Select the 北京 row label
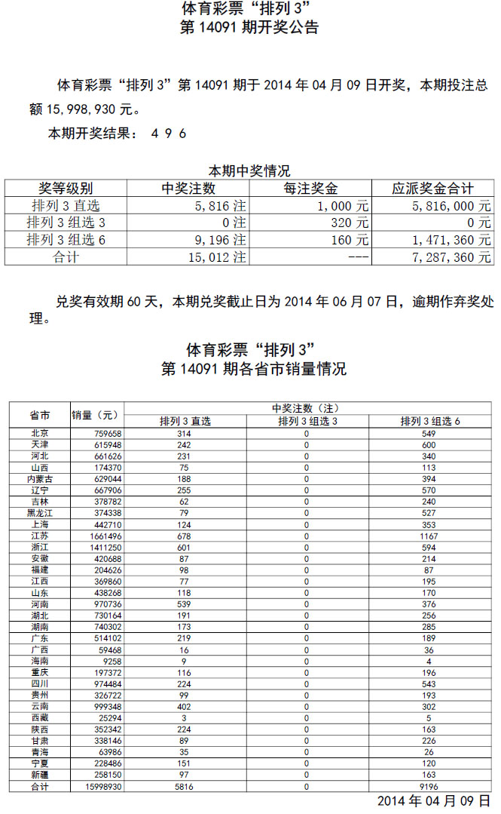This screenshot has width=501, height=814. (40, 433)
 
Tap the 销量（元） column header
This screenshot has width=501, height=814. (96, 415)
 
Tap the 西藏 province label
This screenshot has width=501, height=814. (40, 718)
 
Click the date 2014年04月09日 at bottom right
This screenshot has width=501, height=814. (433, 801)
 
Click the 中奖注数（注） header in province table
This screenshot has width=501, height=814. (307, 408)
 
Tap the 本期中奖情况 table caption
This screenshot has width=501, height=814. (249, 171)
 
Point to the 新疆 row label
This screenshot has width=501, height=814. (40, 776)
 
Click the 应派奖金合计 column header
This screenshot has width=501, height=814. (433, 189)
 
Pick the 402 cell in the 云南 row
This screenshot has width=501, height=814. (185, 708)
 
